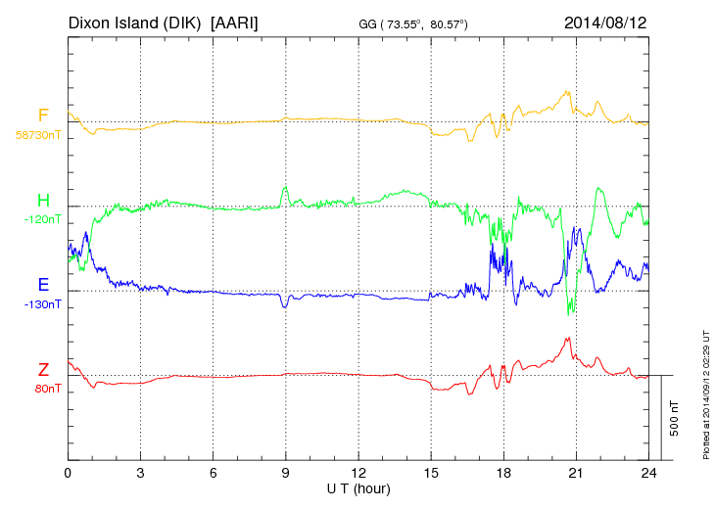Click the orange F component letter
tap(43, 116)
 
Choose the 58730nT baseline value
tap(38, 135)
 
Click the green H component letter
tap(43, 200)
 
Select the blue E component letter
tap(43, 285)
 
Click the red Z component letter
tap(43, 369)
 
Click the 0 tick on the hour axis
tap(68, 472)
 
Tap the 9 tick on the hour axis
tap(286, 472)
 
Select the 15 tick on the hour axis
tap(431, 472)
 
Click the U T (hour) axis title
tap(358, 486)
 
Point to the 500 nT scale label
tap(675, 418)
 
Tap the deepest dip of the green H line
tap(571, 313)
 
